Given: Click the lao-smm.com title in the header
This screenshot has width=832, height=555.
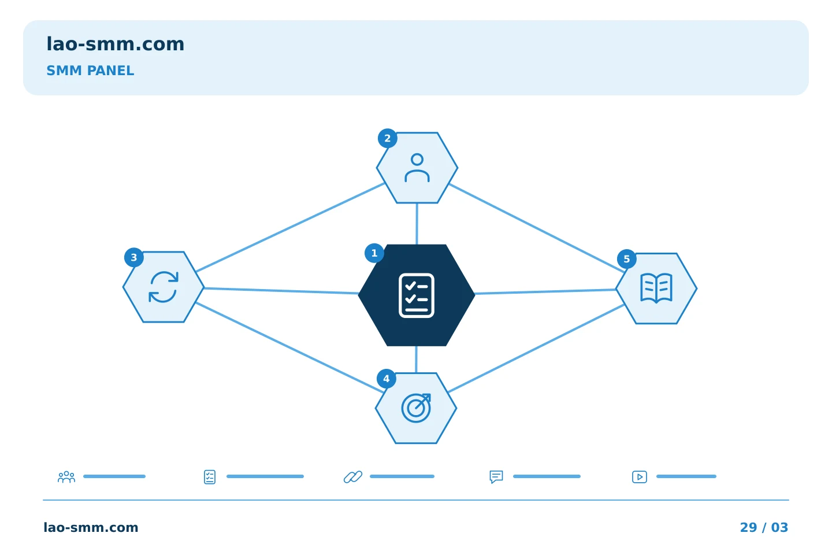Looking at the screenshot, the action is [x=115, y=45].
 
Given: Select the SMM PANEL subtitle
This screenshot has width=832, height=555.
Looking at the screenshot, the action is [x=90, y=71].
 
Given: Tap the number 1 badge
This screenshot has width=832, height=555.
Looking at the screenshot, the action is [x=374, y=253].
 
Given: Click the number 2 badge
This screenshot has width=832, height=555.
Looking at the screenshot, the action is [x=387, y=138].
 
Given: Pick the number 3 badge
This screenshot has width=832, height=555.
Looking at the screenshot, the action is [x=133, y=257].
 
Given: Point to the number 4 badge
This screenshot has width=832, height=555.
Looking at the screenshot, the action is [x=387, y=379].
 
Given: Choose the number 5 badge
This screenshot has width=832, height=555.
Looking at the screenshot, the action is [x=626, y=259].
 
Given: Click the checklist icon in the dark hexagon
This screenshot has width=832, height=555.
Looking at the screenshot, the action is [x=417, y=295].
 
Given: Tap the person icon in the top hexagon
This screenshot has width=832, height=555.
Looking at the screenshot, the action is [x=417, y=168].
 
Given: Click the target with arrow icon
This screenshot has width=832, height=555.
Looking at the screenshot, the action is [x=416, y=408].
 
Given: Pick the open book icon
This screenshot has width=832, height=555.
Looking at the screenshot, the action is [x=656, y=288].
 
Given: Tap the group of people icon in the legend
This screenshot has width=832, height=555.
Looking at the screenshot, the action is [x=66, y=477].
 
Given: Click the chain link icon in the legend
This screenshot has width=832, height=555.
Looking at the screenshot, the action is [x=353, y=477].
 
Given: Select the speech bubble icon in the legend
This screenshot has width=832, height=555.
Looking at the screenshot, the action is [x=496, y=476].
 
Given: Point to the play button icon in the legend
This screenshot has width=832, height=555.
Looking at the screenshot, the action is [x=640, y=477].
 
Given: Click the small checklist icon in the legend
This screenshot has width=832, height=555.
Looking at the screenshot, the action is [x=210, y=477].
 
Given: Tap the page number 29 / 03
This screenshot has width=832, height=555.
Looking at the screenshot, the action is [x=764, y=527].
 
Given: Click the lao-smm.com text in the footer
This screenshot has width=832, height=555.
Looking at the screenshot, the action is [x=91, y=527].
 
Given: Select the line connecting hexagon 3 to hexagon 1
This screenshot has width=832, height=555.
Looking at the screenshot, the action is [x=281, y=291].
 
